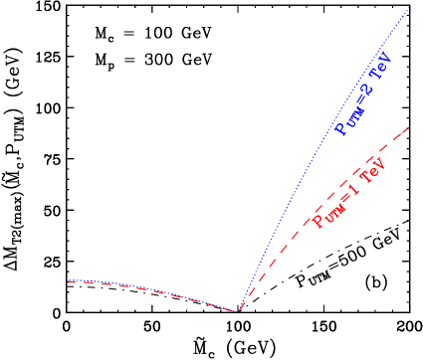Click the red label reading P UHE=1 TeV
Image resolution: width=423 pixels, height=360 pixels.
tap(348, 191)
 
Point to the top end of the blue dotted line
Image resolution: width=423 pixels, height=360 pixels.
tap(410, 8)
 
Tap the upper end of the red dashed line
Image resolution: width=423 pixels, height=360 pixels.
tap(409, 124)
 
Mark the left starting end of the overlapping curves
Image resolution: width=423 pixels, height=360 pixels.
tap(68, 282)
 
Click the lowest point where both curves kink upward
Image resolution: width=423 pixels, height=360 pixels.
tap(238, 311)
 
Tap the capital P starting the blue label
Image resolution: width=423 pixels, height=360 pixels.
tap(341, 127)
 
